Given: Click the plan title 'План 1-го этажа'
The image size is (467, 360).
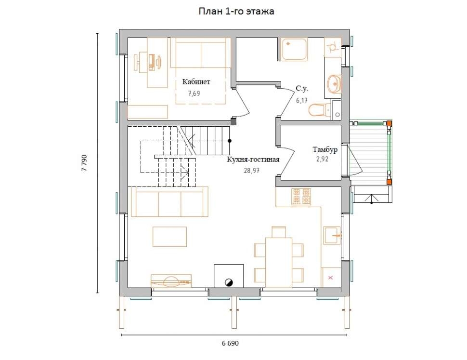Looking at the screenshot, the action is [x=236, y=11].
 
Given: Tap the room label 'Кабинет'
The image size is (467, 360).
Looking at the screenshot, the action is [x=196, y=81].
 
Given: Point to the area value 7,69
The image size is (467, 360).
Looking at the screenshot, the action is [x=194, y=93].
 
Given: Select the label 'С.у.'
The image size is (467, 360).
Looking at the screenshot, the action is [x=302, y=88].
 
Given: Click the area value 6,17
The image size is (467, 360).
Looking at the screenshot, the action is [x=302, y=100].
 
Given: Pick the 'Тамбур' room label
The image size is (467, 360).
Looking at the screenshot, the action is [x=325, y=149].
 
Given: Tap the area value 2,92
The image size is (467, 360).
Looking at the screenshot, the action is [x=322, y=159].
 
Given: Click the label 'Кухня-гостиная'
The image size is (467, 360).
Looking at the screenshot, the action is [x=253, y=160].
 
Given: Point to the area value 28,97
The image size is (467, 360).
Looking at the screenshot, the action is [x=252, y=171].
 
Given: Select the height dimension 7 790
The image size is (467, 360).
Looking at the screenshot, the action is [x=84, y=163].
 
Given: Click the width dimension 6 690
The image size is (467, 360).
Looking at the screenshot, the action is [x=230, y=343].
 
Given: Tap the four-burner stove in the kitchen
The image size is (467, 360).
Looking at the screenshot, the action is [x=302, y=197].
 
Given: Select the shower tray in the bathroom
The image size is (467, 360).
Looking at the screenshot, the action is [x=294, y=50].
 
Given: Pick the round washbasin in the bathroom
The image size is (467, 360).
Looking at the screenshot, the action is [x=334, y=84].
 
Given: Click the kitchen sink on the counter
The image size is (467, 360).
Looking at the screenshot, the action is [x=332, y=235].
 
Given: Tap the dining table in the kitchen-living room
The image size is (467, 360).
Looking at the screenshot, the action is [x=279, y=263].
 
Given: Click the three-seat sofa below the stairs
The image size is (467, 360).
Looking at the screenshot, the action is [x=169, y=201].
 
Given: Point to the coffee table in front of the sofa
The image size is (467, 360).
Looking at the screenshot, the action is [x=170, y=237].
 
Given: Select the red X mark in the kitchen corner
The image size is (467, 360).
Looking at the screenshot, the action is [x=330, y=278].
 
